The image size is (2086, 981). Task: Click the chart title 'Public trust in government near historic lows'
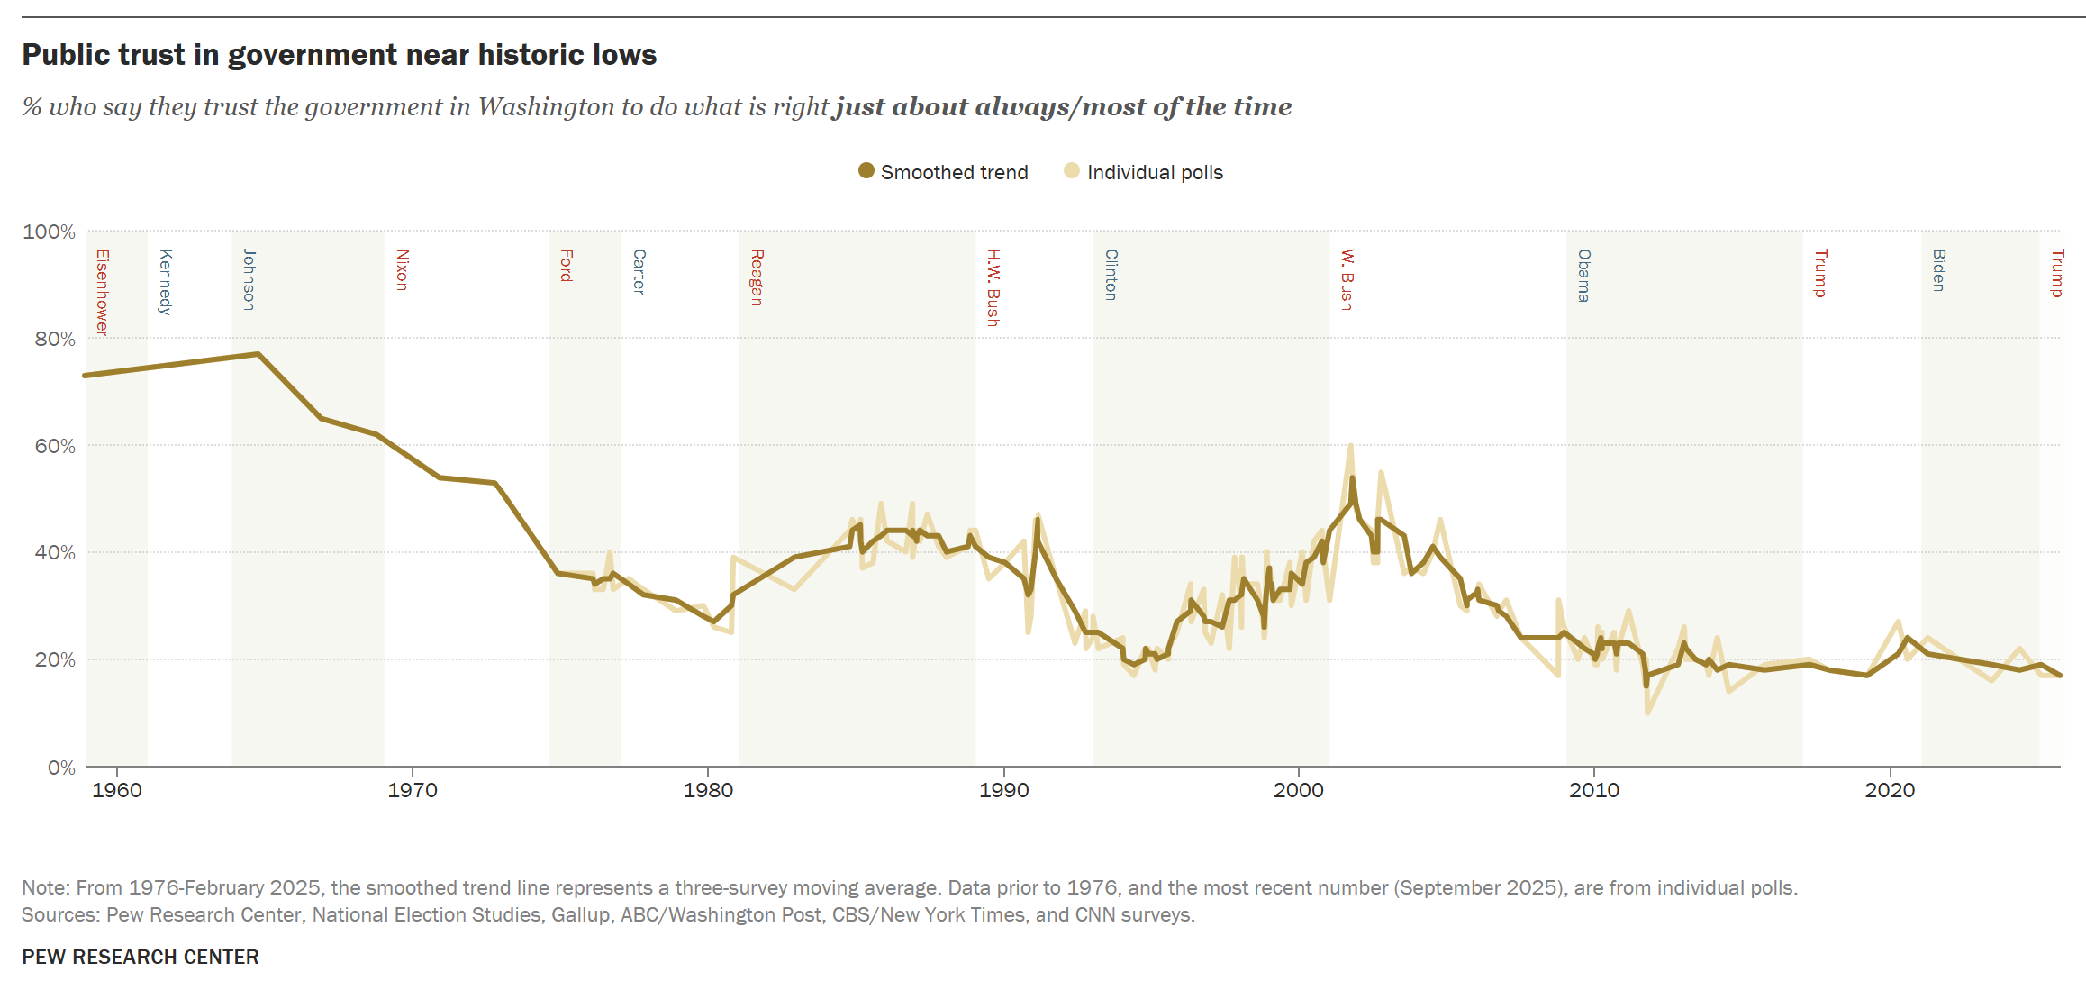340,55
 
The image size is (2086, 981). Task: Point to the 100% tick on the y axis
50,232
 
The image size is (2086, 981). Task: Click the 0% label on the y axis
60,767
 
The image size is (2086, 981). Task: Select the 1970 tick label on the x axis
413,790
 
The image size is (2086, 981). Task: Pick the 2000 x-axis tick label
1299,790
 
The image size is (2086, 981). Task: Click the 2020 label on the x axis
1890,790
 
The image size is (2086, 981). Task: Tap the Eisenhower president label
103,292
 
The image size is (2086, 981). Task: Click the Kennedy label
165,282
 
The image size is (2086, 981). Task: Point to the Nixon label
403,270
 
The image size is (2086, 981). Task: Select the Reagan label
757,277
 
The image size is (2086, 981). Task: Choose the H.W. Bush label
993,287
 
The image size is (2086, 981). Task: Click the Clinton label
1111,275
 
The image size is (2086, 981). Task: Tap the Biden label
1939,270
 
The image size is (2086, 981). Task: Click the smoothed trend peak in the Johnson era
258,354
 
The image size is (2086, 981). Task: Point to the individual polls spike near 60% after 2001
1350,445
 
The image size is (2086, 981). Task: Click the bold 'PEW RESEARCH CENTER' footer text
141,957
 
